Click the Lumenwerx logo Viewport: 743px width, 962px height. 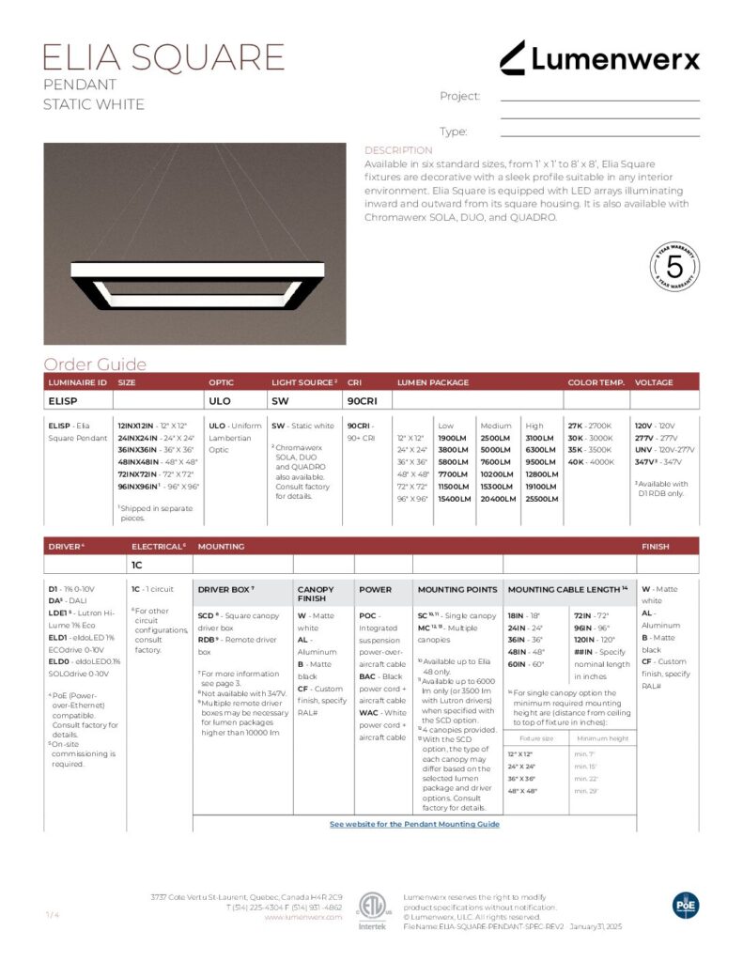(x=599, y=58)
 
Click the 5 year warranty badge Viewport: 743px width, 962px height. (x=674, y=266)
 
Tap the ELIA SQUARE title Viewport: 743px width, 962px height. (x=163, y=57)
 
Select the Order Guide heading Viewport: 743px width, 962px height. (x=95, y=365)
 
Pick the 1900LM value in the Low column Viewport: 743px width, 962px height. (x=453, y=438)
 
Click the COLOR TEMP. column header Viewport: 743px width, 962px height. (x=596, y=383)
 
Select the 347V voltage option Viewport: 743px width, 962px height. (x=646, y=462)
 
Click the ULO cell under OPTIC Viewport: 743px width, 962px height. (x=219, y=400)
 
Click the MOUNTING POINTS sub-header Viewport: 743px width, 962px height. (x=457, y=590)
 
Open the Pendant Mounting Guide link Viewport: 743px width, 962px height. (x=414, y=824)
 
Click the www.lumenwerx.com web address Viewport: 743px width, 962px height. (x=302, y=917)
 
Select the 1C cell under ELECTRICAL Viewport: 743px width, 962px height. (x=136, y=566)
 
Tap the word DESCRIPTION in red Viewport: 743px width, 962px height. (x=398, y=150)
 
